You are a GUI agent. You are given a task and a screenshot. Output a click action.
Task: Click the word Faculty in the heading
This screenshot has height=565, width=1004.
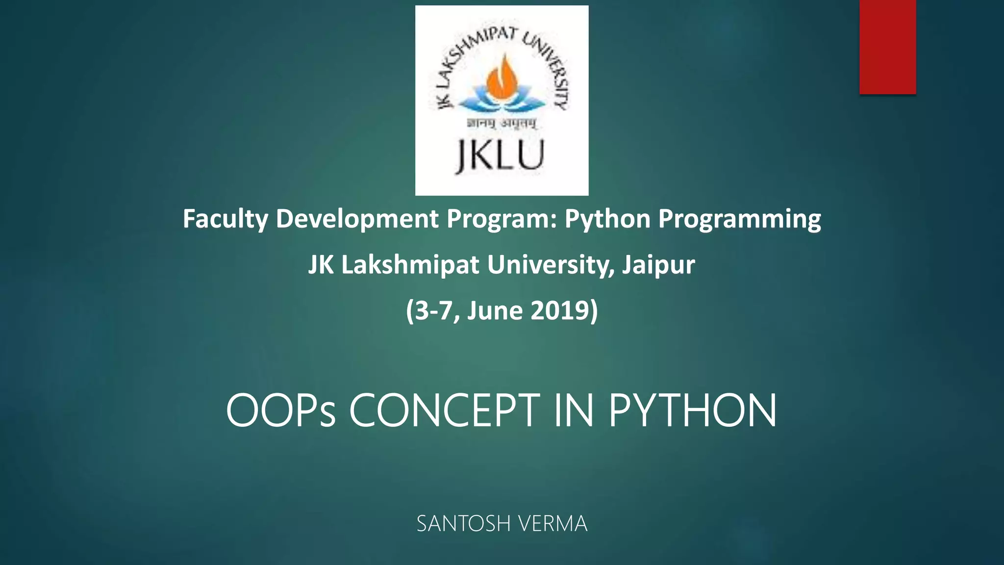click(x=225, y=219)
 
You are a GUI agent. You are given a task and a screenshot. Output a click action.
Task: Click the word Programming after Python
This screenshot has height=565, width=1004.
click(x=739, y=219)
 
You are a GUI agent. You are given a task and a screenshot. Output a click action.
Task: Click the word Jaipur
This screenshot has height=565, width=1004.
click(x=658, y=265)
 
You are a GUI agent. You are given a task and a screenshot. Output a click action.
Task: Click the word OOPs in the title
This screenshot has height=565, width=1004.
click(x=280, y=411)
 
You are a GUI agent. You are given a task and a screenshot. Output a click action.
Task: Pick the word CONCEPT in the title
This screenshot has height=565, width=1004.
click(x=444, y=411)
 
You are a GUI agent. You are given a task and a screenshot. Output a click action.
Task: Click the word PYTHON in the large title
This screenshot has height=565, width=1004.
click(x=692, y=411)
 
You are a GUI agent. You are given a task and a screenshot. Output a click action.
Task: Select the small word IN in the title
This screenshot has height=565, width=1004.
click(x=574, y=411)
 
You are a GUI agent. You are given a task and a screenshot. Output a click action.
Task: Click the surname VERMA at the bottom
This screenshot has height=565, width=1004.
click(x=552, y=524)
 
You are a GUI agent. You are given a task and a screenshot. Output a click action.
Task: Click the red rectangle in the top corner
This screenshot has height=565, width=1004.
click(x=887, y=47)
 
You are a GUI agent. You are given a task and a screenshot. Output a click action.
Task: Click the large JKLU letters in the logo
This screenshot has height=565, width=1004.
click(x=501, y=155)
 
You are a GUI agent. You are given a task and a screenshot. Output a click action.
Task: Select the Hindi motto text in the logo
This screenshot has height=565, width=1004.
click(x=501, y=124)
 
